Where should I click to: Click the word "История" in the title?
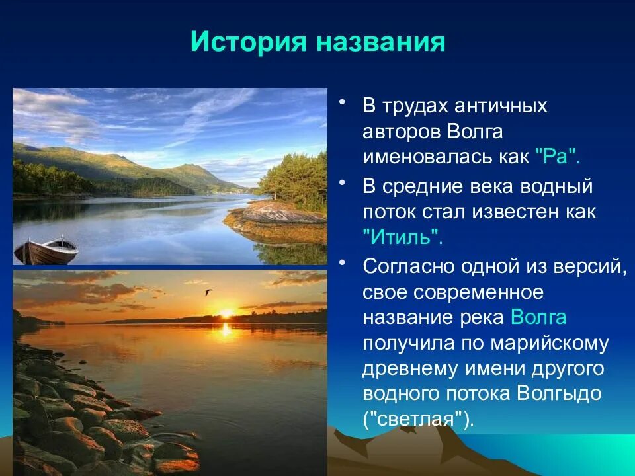[248, 41]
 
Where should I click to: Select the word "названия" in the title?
[381, 42]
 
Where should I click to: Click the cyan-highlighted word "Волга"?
[538, 317]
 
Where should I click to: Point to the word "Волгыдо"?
[560, 393]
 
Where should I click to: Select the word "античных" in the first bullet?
[501, 106]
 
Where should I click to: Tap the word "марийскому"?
[550, 343]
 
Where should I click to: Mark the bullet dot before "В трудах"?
[343, 102]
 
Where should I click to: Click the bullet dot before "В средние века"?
[343, 183]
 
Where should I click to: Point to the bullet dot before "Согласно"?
[343, 262]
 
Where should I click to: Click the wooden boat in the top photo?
[46, 251]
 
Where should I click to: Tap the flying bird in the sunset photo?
[208, 292]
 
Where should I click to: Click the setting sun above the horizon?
[226, 313]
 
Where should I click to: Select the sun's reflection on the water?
[226, 329]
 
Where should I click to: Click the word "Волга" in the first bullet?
[475, 132]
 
